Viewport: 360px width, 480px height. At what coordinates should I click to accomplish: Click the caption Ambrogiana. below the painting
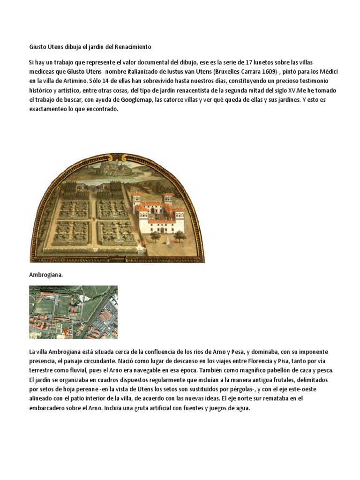click(x=45, y=275)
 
